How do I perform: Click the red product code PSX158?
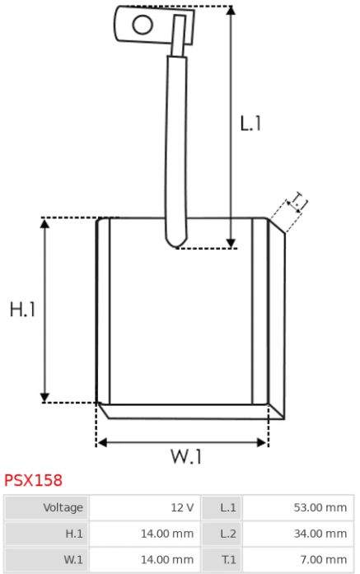pos(33,480)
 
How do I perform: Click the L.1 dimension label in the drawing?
pos(250,124)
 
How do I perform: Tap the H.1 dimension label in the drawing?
pos(22,310)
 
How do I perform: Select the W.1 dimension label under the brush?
pos(186,456)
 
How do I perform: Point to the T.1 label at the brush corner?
pos(298,201)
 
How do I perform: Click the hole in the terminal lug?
pos(143,25)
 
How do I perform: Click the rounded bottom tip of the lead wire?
pos(176,244)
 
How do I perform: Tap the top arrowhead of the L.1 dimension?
pos(231,10)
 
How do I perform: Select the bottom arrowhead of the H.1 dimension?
pos(44,398)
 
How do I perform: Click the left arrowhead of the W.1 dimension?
pos(102,442)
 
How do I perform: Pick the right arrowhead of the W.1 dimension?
pos(262,442)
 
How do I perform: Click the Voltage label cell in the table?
pos(46,508)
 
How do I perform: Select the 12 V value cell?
pos(145,508)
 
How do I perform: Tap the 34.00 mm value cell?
pos(297,534)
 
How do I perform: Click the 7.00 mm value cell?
pos(297,560)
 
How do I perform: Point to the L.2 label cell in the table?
pos(222,534)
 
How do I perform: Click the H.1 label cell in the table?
pos(46,534)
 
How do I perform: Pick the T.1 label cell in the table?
pos(222,560)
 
